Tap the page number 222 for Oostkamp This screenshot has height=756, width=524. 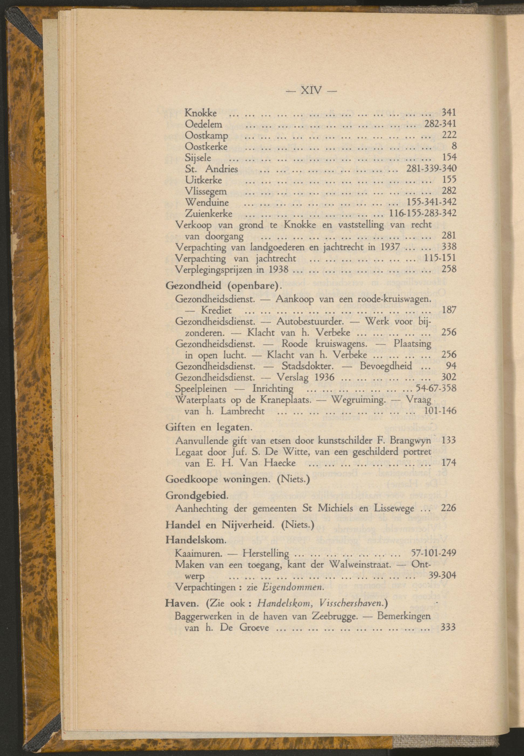point(449,135)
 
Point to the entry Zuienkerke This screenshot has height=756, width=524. point(209,214)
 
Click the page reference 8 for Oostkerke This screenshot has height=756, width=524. point(454,146)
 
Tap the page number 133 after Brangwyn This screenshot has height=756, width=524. point(449,440)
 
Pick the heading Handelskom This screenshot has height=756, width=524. point(196,540)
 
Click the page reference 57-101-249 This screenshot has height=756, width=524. point(433,553)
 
